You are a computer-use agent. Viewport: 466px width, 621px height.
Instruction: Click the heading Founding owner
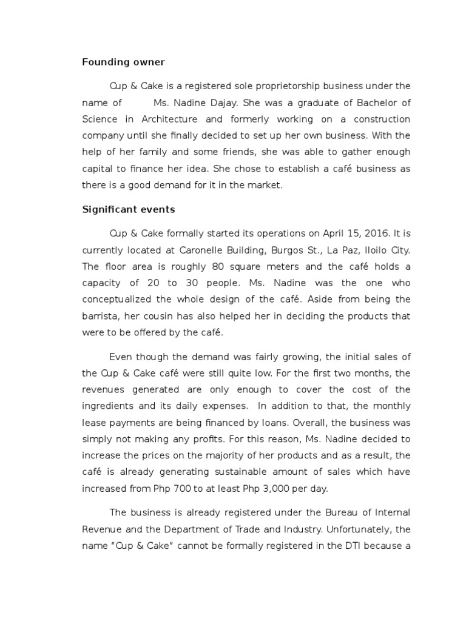123,62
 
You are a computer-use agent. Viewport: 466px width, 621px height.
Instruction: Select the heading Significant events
128,210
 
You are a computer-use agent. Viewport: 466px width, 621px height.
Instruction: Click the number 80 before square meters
218,266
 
